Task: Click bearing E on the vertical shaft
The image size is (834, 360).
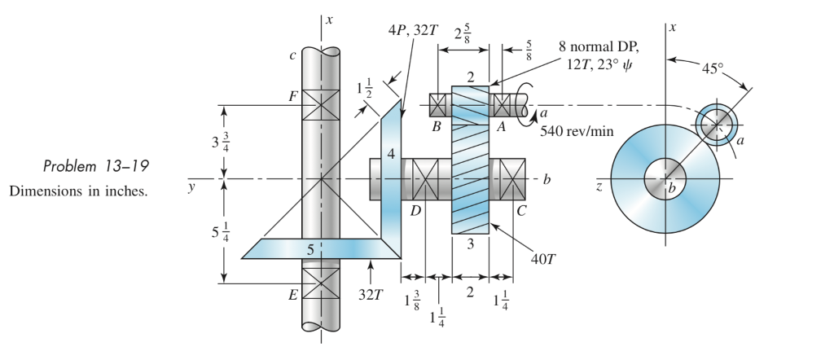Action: click(321, 284)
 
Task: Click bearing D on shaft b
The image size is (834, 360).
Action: click(425, 178)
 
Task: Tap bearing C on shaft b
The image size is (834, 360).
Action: click(512, 178)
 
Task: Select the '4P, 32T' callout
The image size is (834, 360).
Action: click(415, 31)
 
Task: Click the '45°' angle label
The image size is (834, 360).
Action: click(717, 68)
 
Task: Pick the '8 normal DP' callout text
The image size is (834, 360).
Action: click(599, 46)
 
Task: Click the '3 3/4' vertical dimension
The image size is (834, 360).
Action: click(208, 141)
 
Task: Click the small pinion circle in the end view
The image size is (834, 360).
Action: click(717, 124)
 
